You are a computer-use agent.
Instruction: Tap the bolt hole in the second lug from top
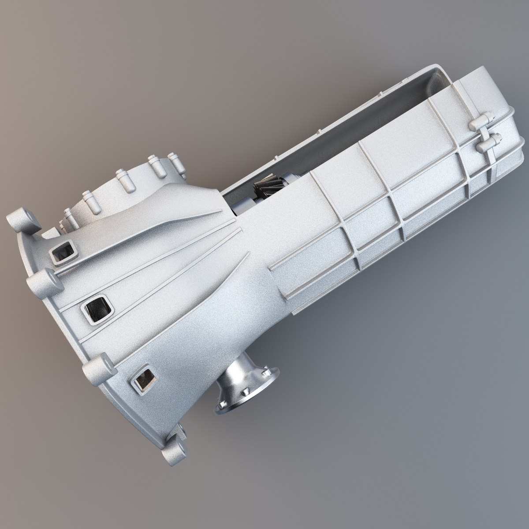coord(37,282)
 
